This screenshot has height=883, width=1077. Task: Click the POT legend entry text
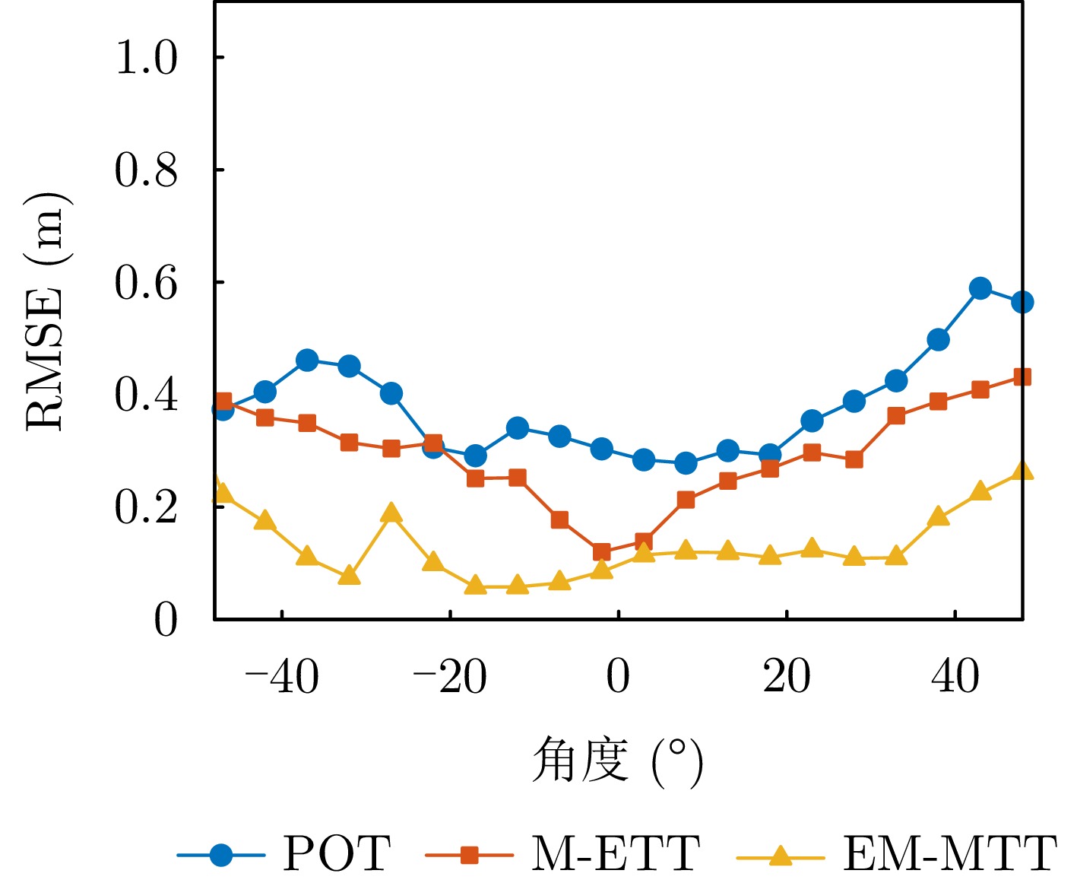337,853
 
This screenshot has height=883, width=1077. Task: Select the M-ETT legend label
616,853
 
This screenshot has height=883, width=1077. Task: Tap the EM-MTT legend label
949,853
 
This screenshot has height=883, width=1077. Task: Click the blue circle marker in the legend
221,855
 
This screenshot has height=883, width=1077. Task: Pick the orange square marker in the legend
469,855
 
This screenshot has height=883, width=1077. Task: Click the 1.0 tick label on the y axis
146,58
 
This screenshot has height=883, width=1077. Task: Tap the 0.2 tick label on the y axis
146,507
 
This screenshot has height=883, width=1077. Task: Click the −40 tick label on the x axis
282,676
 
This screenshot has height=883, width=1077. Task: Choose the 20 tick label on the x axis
787,676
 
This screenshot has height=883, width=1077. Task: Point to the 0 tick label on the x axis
619,676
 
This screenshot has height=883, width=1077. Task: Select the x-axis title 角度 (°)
617,761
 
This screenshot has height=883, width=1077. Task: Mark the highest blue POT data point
980,288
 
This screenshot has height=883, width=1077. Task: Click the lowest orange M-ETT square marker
601,552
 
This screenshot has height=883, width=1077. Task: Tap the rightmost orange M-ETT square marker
1022,376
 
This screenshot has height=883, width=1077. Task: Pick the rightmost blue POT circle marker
1022,302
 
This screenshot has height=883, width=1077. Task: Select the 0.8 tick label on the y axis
146,170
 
